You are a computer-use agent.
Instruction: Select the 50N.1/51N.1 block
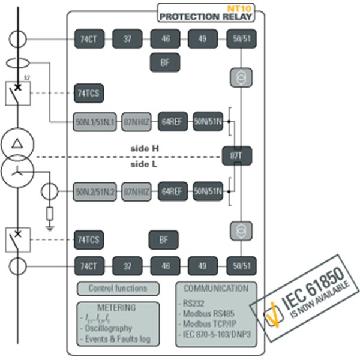96,122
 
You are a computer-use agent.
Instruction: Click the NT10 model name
243,9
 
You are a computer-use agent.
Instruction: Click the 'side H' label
146,148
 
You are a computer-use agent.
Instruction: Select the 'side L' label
146,164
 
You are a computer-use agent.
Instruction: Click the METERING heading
117,308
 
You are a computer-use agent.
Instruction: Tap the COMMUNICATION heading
216,289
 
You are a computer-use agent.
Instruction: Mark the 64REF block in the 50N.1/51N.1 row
170,122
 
